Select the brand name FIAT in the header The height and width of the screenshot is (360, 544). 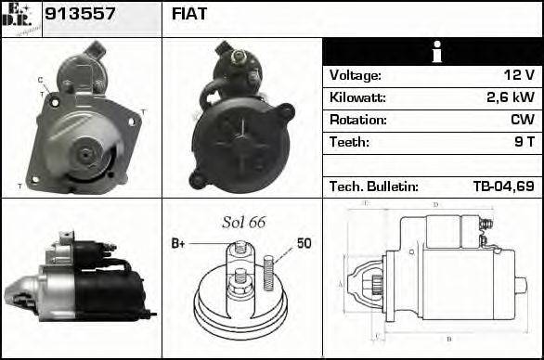[x=189, y=15]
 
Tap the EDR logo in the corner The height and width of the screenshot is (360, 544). [x=20, y=19]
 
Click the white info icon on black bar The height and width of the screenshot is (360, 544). [x=433, y=52]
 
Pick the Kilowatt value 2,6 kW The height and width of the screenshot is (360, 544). [x=512, y=97]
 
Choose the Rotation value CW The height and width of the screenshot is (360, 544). [x=523, y=120]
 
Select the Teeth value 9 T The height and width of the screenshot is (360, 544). [x=523, y=142]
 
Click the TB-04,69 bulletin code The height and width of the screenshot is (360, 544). [x=503, y=186]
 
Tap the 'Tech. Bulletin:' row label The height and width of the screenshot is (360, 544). [x=374, y=186]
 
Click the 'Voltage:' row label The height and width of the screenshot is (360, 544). [x=356, y=75]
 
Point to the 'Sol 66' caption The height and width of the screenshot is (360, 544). [x=243, y=222]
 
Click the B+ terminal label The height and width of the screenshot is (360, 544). [x=178, y=243]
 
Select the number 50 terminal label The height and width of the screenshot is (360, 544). [x=304, y=243]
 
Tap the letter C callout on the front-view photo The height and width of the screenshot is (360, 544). [x=40, y=79]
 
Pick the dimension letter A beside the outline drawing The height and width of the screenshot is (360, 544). [x=341, y=284]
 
